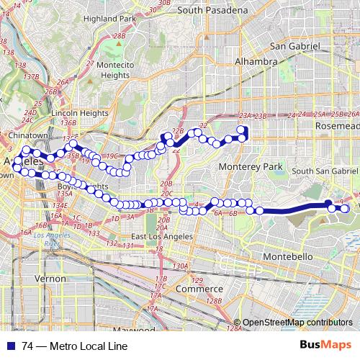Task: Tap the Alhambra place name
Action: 256,62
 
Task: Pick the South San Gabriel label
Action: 325,171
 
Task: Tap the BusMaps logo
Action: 325,345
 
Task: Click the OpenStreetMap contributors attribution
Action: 297,323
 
